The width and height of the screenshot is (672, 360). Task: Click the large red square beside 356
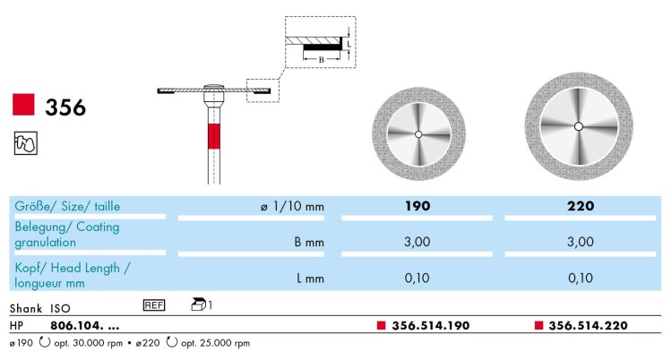(x=23, y=104)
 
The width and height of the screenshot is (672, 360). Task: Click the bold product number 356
(x=65, y=107)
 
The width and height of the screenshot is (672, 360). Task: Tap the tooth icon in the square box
(x=25, y=143)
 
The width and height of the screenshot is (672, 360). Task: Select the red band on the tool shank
(x=214, y=136)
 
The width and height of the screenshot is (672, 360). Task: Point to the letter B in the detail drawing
(x=322, y=60)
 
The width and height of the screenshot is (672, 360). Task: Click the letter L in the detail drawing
(x=349, y=44)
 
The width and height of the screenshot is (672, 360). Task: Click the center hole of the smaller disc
(x=418, y=134)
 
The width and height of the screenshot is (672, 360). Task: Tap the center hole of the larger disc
(x=579, y=126)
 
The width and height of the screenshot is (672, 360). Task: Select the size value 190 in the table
(x=418, y=206)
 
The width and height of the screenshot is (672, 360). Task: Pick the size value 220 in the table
(x=581, y=206)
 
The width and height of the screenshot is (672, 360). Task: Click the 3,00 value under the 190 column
(x=417, y=242)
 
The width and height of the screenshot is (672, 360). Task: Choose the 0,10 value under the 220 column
(x=581, y=279)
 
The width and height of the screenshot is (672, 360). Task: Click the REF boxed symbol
(x=154, y=305)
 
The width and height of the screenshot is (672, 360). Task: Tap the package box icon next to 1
(x=199, y=304)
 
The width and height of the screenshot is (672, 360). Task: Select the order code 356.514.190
(x=431, y=326)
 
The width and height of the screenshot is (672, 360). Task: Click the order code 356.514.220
(x=588, y=326)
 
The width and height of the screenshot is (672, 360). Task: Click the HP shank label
(x=16, y=326)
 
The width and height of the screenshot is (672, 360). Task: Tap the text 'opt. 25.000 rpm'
(x=215, y=343)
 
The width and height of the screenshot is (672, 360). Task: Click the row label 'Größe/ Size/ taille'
(x=67, y=206)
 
